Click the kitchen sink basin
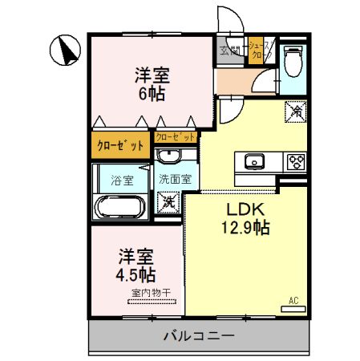pos(255,161)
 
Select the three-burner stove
pos(294,161)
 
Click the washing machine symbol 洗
pos(169,201)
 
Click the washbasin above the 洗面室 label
pos(168,156)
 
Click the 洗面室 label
pos(173,179)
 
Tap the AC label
pos(293,301)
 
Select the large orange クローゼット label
pos(120,145)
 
